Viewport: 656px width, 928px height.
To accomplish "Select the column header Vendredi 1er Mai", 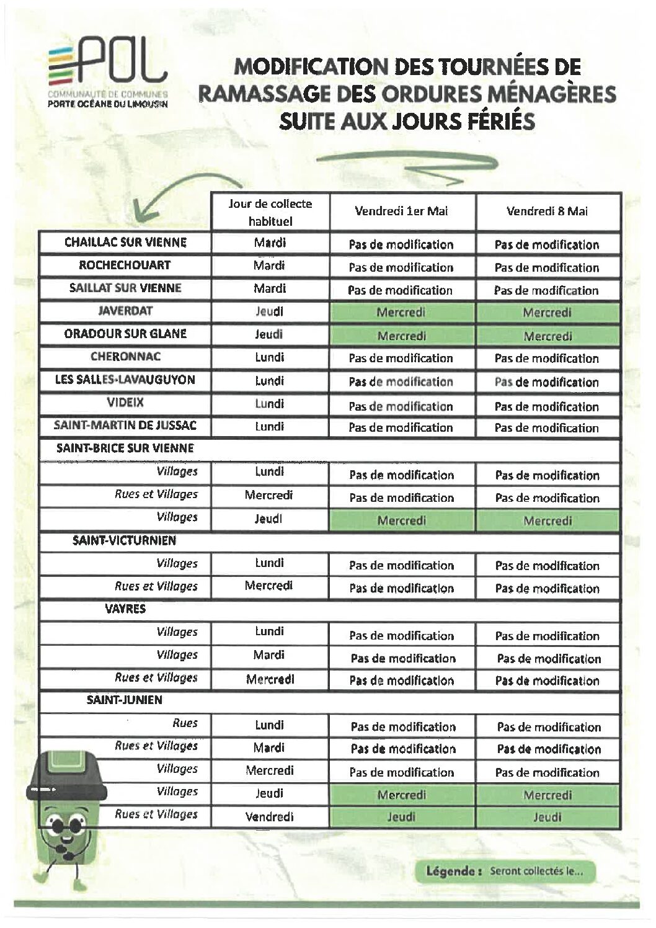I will click(x=401, y=211).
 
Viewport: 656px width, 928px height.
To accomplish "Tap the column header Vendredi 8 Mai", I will click(x=547, y=211).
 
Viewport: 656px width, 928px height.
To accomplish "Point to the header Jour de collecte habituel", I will click(x=270, y=212).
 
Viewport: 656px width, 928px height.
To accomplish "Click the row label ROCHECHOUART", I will click(x=125, y=265).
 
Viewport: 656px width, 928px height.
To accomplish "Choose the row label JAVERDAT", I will click(x=125, y=311).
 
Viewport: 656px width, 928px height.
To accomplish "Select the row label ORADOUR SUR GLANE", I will click(x=125, y=334).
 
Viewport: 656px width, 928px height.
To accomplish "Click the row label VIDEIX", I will click(x=125, y=403).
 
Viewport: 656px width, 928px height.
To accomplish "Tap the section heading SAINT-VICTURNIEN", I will click(x=124, y=540).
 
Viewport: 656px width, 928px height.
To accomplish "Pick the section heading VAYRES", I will click(x=125, y=609).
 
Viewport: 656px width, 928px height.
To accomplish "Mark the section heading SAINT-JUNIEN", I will click(x=124, y=700).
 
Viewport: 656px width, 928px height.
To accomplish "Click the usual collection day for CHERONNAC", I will click(x=270, y=357).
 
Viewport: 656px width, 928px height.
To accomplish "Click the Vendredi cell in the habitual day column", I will click(x=270, y=816).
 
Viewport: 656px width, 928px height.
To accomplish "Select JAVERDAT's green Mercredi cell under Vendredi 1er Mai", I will click(x=402, y=312).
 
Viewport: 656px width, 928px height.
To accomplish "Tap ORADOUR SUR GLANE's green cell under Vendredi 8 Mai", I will click(x=547, y=336).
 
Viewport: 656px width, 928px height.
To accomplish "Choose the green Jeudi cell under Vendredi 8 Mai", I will click(x=547, y=817).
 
